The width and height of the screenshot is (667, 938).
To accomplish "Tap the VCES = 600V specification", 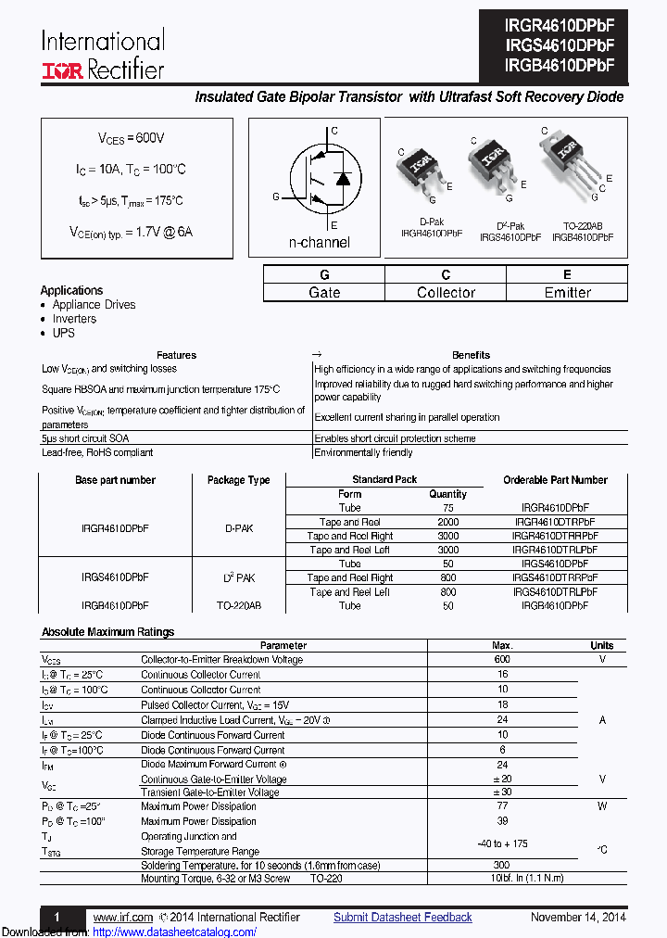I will pyautogui.click(x=132, y=138).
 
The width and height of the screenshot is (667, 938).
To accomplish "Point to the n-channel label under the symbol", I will pyautogui.click(x=320, y=242).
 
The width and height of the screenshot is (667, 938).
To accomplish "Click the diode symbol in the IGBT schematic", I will pyautogui.click(x=341, y=177).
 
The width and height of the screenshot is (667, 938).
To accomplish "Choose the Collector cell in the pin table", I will pyautogui.click(x=446, y=292).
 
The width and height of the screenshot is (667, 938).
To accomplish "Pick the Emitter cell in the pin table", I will pyautogui.click(x=567, y=292).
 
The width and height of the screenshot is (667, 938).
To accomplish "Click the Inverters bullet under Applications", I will pyautogui.click(x=74, y=319).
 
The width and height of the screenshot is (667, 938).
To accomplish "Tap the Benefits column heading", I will pyautogui.click(x=471, y=355).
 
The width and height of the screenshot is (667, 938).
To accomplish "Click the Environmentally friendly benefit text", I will pyautogui.click(x=363, y=452).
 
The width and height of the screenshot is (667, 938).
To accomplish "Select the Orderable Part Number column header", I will pyautogui.click(x=555, y=480).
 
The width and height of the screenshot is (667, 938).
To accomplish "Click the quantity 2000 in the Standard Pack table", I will pyautogui.click(x=447, y=522).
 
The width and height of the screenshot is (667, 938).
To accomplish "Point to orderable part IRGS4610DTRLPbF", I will pyautogui.click(x=555, y=591).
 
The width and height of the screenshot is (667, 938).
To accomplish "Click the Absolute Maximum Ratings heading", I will pyautogui.click(x=107, y=632).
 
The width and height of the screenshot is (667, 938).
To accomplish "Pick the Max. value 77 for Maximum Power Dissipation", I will pyautogui.click(x=502, y=806).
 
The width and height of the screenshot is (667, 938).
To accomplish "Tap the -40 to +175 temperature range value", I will pyautogui.click(x=502, y=843).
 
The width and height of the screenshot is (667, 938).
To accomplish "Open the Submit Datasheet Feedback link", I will pyautogui.click(x=403, y=917).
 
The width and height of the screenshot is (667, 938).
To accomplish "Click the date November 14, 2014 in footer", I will pyautogui.click(x=578, y=917).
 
